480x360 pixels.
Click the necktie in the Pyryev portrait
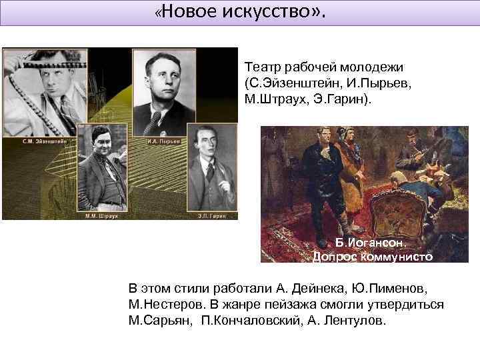pyautogui.click(x=157, y=121)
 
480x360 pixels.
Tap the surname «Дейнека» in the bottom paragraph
pyautogui.click(x=299, y=288)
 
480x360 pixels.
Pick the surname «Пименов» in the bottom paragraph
pyautogui.click(x=389, y=288)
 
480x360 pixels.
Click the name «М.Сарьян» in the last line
pyautogui.click(x=157, y=321)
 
